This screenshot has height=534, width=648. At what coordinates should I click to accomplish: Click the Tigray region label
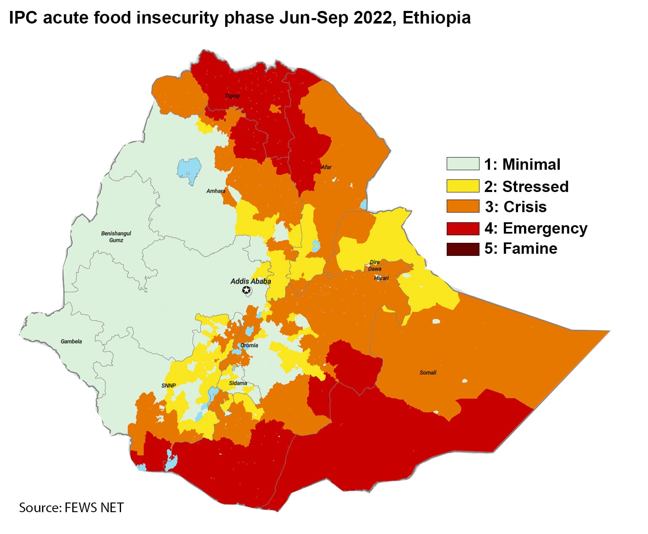click(232, 96)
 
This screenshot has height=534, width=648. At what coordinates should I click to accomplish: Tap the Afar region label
click(326, 167)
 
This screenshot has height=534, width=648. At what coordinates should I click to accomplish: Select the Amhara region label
click(216, 191)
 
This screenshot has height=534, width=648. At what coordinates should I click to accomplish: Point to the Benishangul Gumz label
click(116, 237)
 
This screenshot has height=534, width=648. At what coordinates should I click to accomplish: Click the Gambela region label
click(71, 341)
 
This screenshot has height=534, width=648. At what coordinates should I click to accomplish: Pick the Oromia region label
click(249, 345)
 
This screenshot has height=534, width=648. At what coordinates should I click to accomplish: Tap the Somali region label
click(428, 372)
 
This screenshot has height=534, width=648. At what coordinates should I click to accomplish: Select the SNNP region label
click(169, 386)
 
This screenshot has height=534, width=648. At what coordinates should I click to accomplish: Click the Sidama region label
click(238, 383)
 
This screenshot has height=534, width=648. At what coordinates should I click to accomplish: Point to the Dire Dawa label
click(375, 266)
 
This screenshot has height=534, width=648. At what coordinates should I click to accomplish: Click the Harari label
click(382, 278)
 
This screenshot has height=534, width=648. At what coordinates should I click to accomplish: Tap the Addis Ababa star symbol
click(246, 290)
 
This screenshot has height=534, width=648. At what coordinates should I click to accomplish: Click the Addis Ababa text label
click(250, 281)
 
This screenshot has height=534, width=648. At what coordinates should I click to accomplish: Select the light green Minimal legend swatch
click(463, 164)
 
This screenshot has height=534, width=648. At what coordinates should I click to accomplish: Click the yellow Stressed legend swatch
click(463, 186)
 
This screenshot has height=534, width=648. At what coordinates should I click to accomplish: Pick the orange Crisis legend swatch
click(463, 206)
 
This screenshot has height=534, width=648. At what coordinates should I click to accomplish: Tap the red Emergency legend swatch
click(463, 228)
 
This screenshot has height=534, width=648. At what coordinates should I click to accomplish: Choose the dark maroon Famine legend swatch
click(463, 249)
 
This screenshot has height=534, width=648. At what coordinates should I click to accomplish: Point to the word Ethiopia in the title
click(436, 18)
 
